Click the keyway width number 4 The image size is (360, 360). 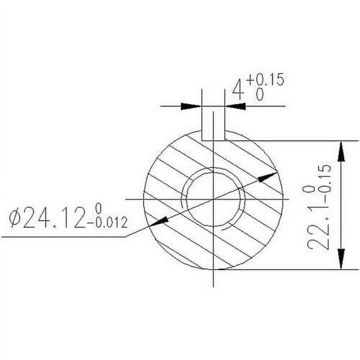pyautogui.click(x=236, y=92)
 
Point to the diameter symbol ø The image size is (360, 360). pyautogui.click(x=17, y=218)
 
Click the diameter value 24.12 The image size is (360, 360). pyautogui.click(x=56, y=218)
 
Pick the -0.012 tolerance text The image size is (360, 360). pyautogui.click(x=112, y=224)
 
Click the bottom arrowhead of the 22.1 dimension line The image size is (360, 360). pyautogui.click(x=340, y=259)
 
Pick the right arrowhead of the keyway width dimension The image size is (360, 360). pyautogui.click(x=233, y=106)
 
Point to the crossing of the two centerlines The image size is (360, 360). pyautogui.click(x=213, y=199)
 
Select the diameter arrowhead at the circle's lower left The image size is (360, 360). pyautogui.click(x=158, y=220)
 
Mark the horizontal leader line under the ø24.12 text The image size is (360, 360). pyautogui.click(x=62, y=236)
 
